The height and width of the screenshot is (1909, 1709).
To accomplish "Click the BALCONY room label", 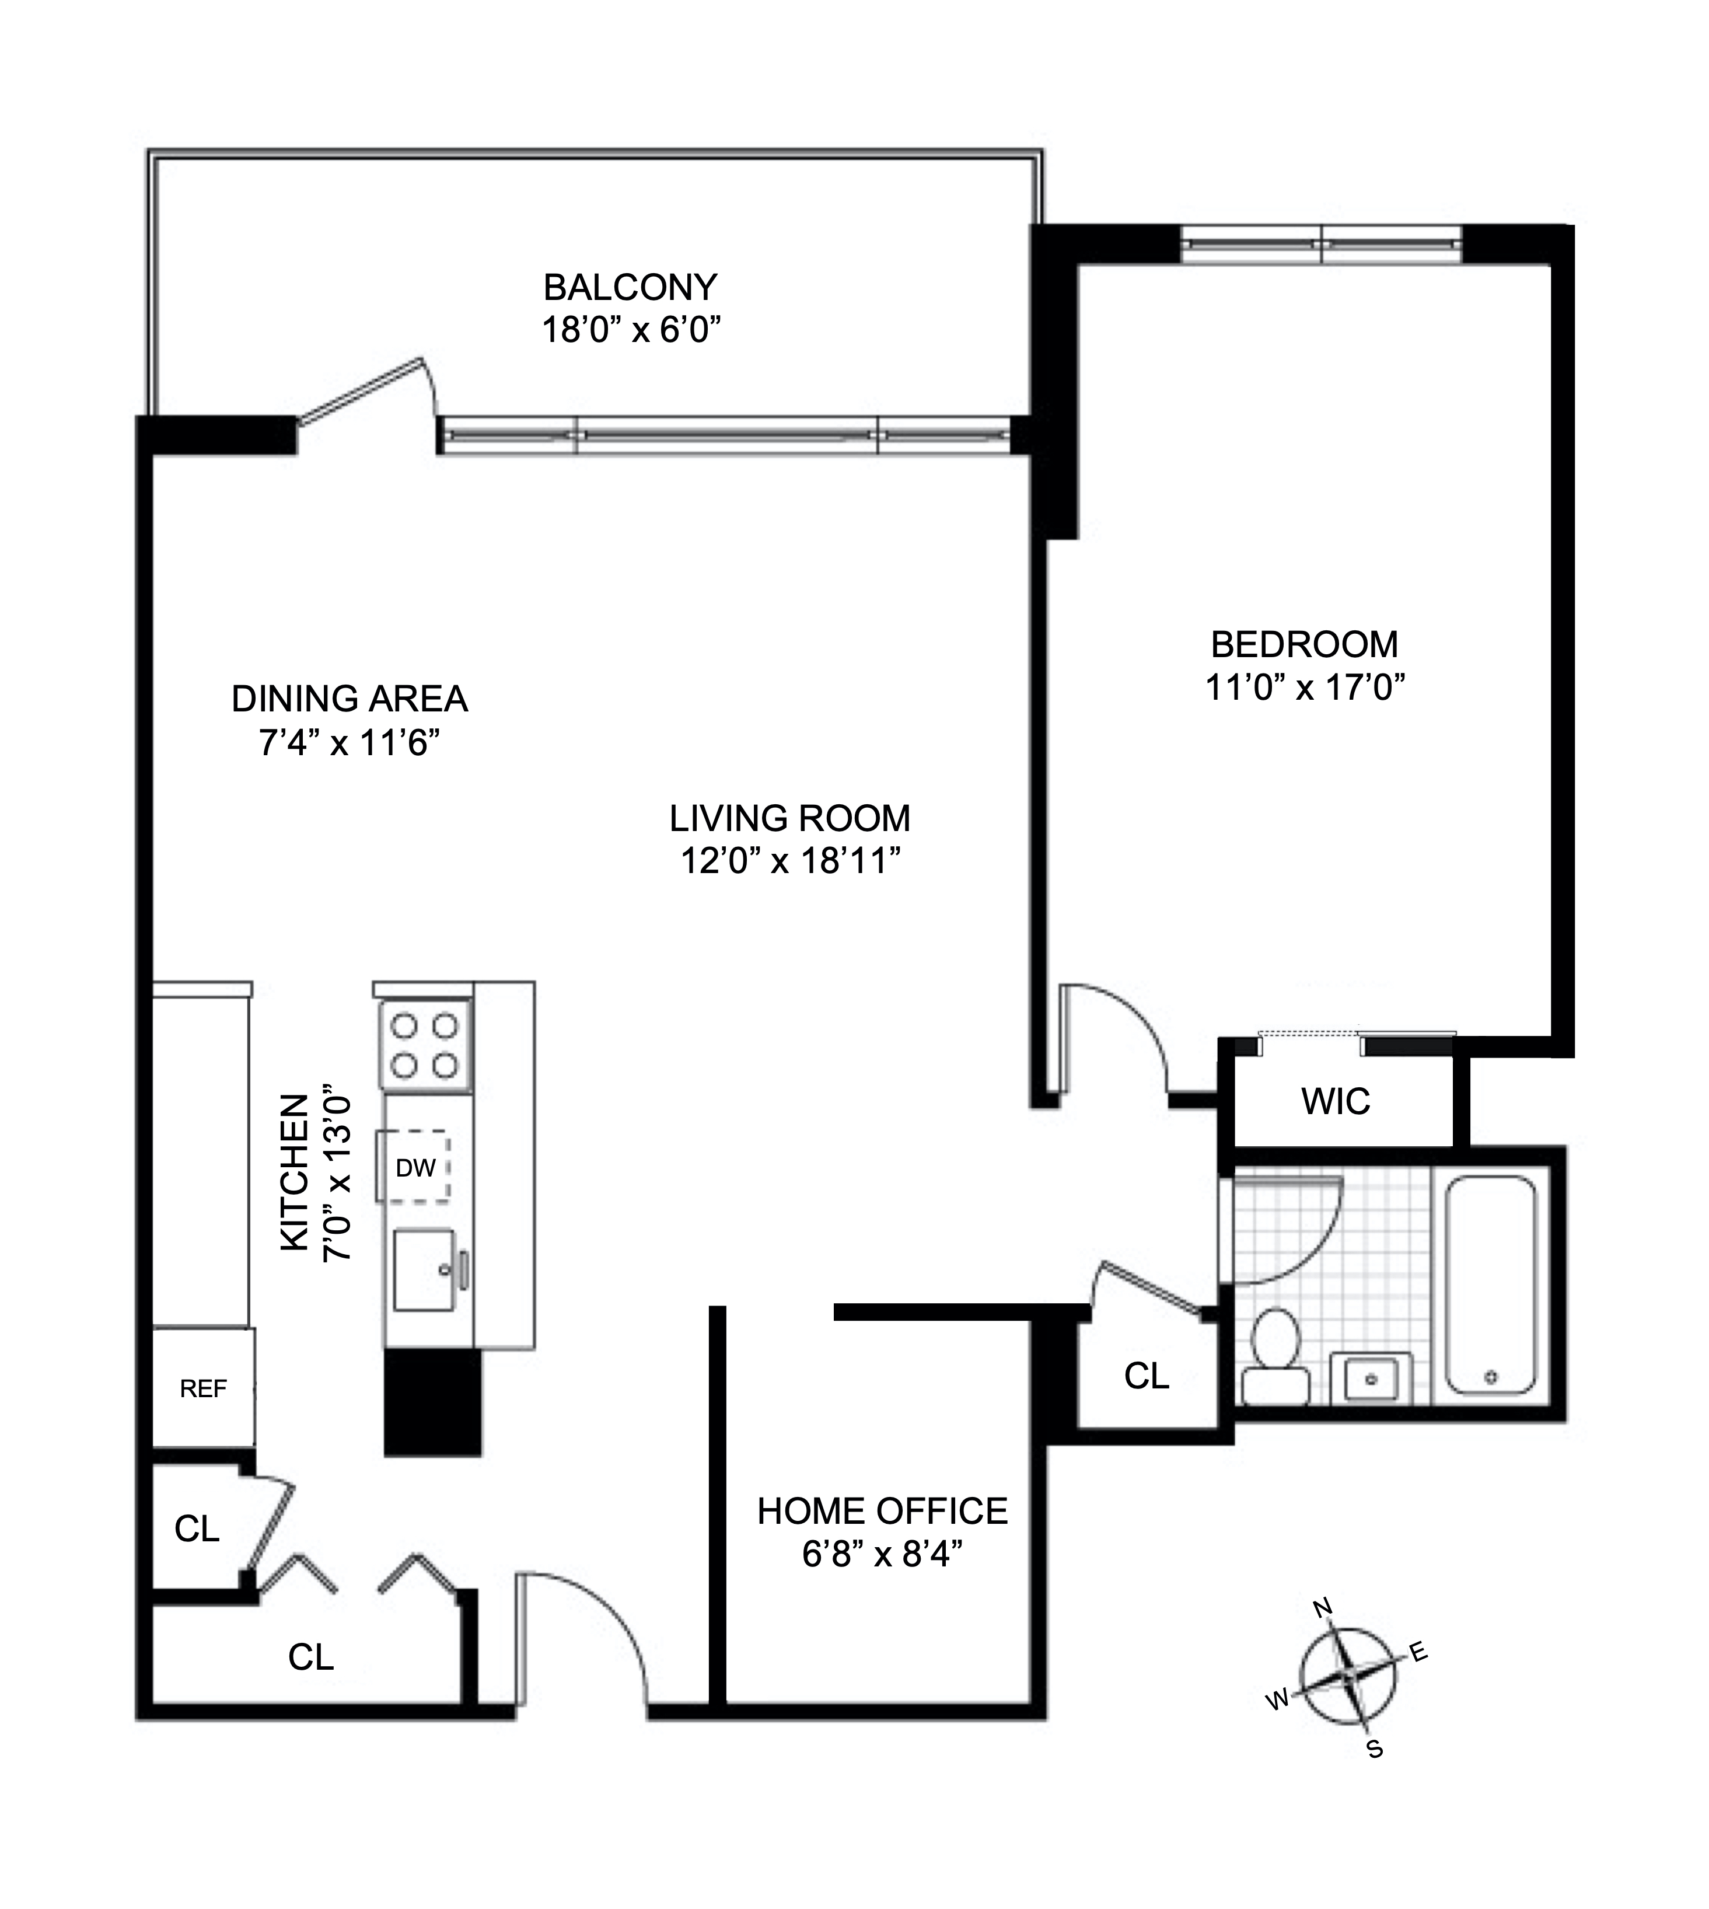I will coord(630,287).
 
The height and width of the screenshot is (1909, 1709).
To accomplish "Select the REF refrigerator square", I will coord(203,1388).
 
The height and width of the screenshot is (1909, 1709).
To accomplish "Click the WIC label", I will coord(1335,1101).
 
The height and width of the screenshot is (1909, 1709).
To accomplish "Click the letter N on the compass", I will coord(1322,1608).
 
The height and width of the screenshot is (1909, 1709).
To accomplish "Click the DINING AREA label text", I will coord(350,699).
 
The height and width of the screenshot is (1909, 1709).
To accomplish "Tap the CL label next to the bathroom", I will coord(1147,1376).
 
